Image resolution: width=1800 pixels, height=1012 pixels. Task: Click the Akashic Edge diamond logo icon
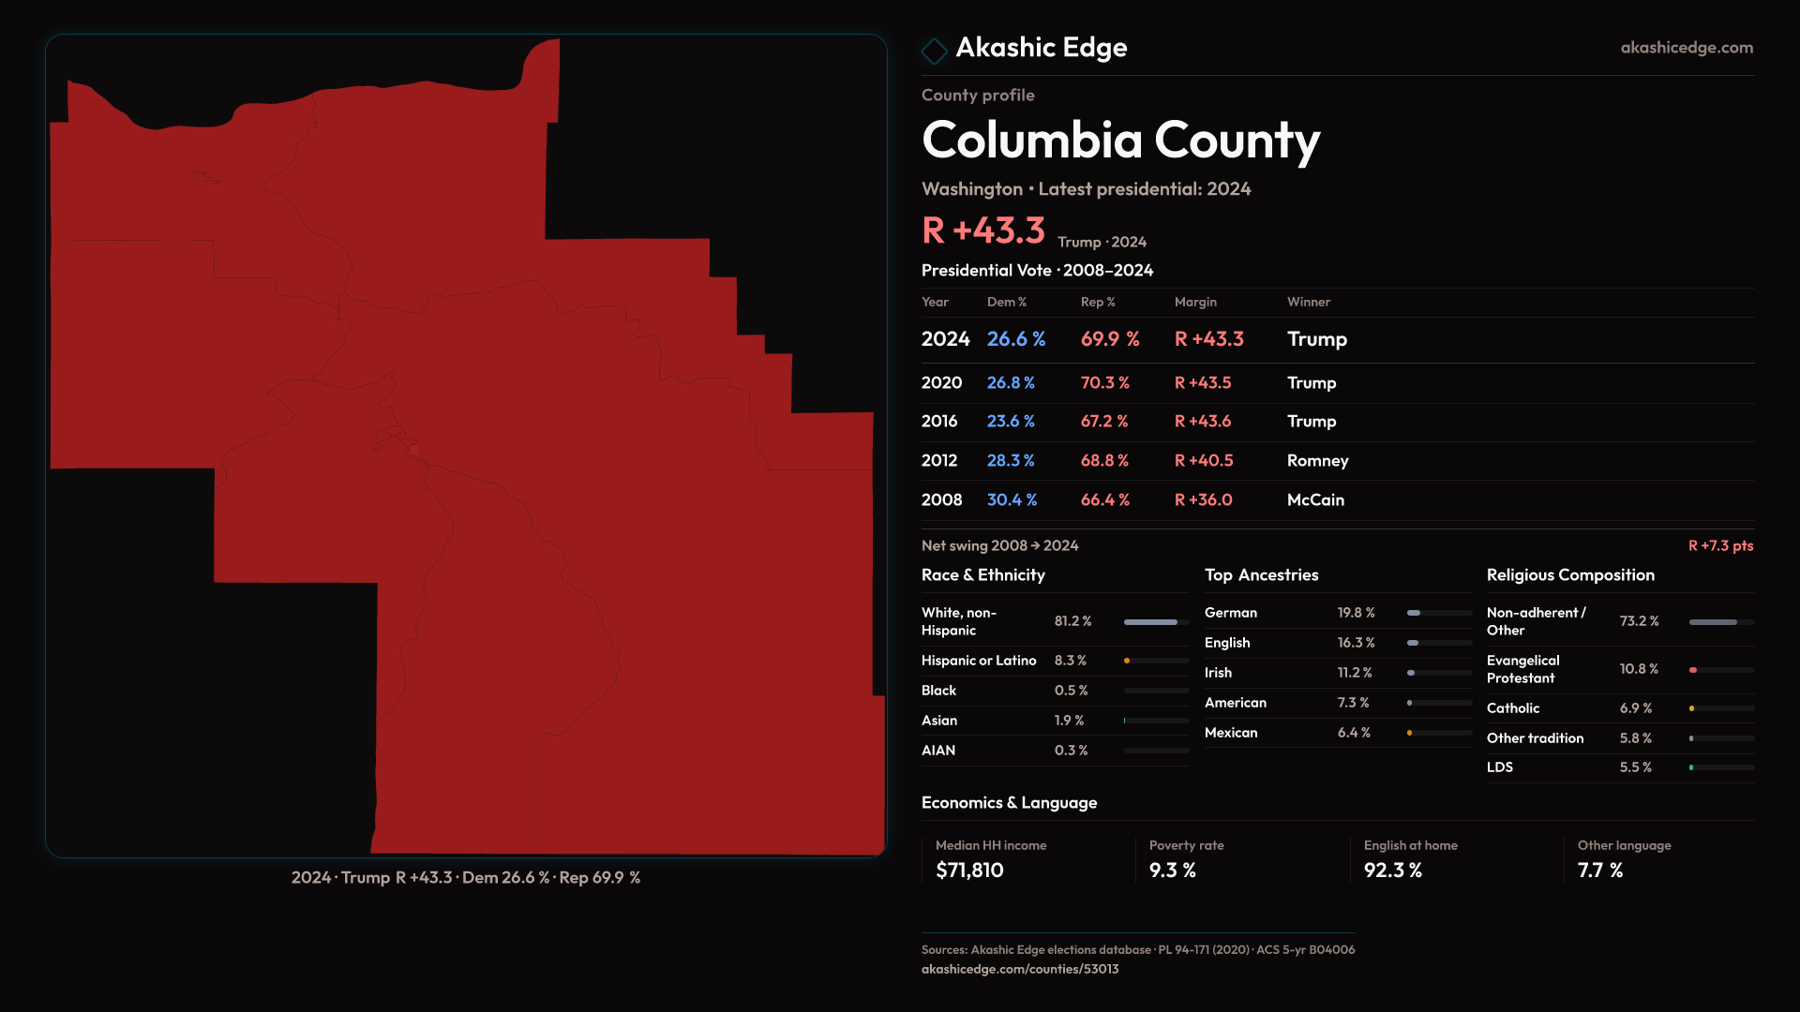(x=934, y=51)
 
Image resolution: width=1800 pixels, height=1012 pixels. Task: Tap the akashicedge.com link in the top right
(x=1687, y=48)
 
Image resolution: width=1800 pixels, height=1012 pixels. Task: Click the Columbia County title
(x=1120, y=141)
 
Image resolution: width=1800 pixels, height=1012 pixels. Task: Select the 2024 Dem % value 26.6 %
(x=1015, y=339)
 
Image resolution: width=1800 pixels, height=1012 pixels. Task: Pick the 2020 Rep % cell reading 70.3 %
(x=1104, y=383)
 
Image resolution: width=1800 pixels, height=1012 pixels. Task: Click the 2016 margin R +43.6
(x=1203, y=422)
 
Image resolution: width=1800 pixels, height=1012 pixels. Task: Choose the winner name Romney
(x=1317, y=461)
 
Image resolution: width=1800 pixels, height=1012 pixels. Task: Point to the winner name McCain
(x=1315, y=500)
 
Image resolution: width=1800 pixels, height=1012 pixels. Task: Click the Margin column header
(x=1195, y=302)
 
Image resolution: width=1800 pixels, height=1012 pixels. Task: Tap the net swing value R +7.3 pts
(x=1720, y=546)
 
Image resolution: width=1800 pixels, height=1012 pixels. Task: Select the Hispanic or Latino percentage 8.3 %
(x=1070, y=661)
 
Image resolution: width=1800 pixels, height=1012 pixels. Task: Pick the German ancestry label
(x=1230, y=613)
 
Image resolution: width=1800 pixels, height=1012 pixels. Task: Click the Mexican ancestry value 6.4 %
(x=1353, y=733)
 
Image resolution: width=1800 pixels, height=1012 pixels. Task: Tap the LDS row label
(x=1499, y=767)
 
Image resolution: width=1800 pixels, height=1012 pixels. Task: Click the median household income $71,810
(x=969, y=871)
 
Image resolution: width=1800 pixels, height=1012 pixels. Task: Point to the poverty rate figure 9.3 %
(x=1172, y=871)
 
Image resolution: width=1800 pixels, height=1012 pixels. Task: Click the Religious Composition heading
(x=1570, y=575)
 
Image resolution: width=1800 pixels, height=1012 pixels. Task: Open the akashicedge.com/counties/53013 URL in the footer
(x=1019, y=970)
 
